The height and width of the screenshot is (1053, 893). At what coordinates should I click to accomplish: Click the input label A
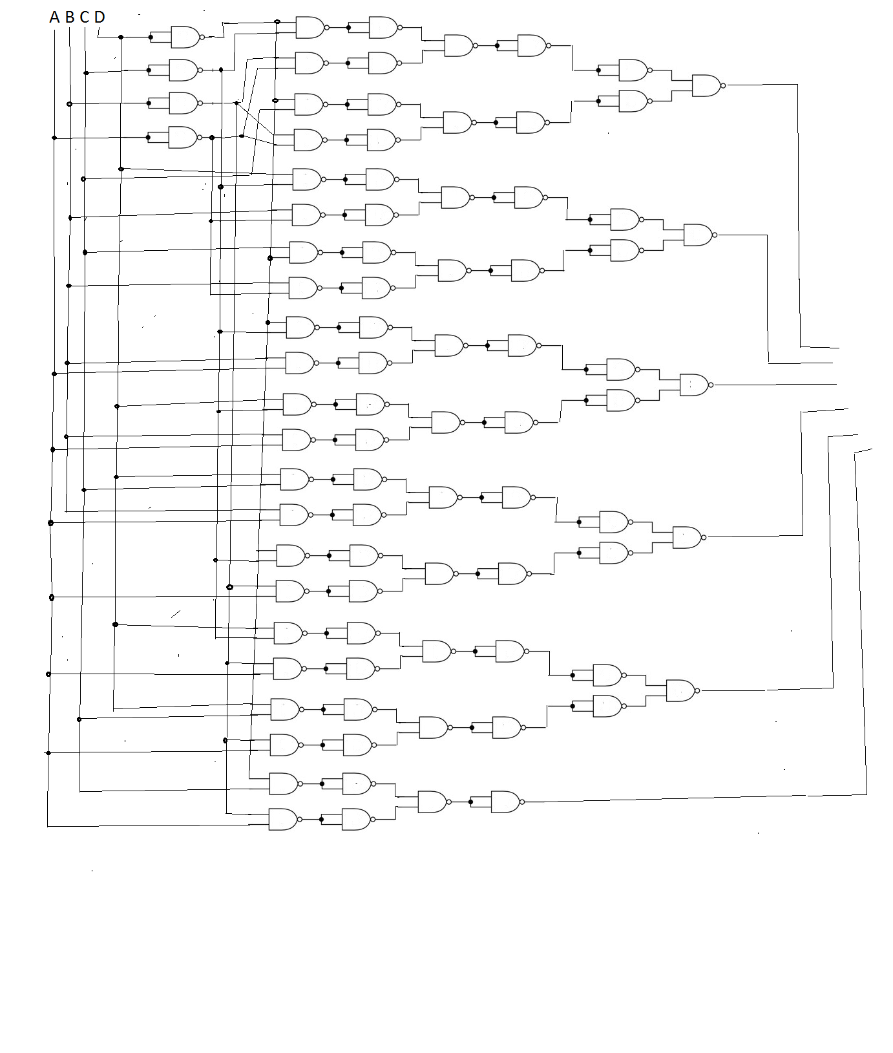(x=54, y=17)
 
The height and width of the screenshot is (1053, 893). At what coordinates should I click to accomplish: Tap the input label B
(x=70, y=17)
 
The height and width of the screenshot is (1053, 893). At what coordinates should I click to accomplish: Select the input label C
(x=85, y=17)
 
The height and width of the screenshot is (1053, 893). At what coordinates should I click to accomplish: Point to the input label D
(x=100, y=17)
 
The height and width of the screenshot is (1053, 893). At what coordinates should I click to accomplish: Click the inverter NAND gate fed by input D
(x=185, y=37)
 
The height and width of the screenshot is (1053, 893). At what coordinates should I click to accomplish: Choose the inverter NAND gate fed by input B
(x=183, y=103)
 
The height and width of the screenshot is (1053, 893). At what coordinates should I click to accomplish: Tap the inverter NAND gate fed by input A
(x=183, y=137)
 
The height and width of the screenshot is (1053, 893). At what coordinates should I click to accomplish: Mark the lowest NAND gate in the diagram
(x=282, y=820)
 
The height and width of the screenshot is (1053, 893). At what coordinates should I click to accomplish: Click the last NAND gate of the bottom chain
(x=505, y=802)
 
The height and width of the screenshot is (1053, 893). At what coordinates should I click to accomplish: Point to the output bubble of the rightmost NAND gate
(x=723, y=85)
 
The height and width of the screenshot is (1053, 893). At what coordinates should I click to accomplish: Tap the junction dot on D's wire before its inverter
(x=121, y=37)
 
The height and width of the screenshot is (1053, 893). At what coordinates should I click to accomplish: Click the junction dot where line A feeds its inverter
(x=54, y=138)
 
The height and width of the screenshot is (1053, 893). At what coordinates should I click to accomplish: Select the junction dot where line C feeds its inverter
(x=87, y=73)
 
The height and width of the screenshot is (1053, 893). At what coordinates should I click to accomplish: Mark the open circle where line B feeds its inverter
(x=70, y=103)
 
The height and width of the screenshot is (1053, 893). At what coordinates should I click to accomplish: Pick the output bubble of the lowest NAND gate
(x=299, y=820)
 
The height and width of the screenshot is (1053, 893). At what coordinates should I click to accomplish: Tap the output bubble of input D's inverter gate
(x=202, y=37)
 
